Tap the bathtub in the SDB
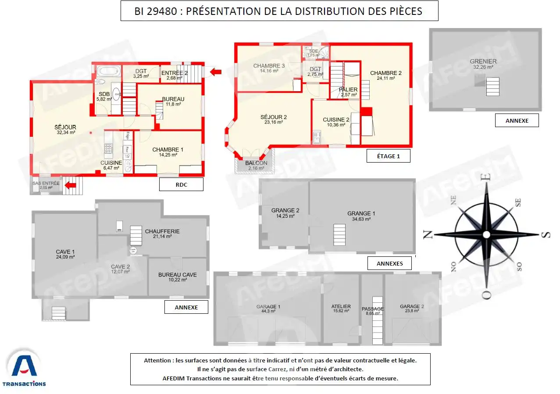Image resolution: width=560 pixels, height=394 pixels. coord(107,71)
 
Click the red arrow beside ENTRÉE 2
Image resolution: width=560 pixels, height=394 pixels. coord(215,72)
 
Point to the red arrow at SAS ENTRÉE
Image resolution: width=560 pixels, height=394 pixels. coord(71,185)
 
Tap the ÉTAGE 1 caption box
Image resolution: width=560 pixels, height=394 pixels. coord(388,156)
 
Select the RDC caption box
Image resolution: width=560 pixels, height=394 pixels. coord(181,185)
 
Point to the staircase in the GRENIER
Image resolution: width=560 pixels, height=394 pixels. coord(492,86)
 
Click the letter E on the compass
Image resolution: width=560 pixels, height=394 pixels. coord(485,177)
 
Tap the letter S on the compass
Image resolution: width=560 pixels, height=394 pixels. coord(545,234)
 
